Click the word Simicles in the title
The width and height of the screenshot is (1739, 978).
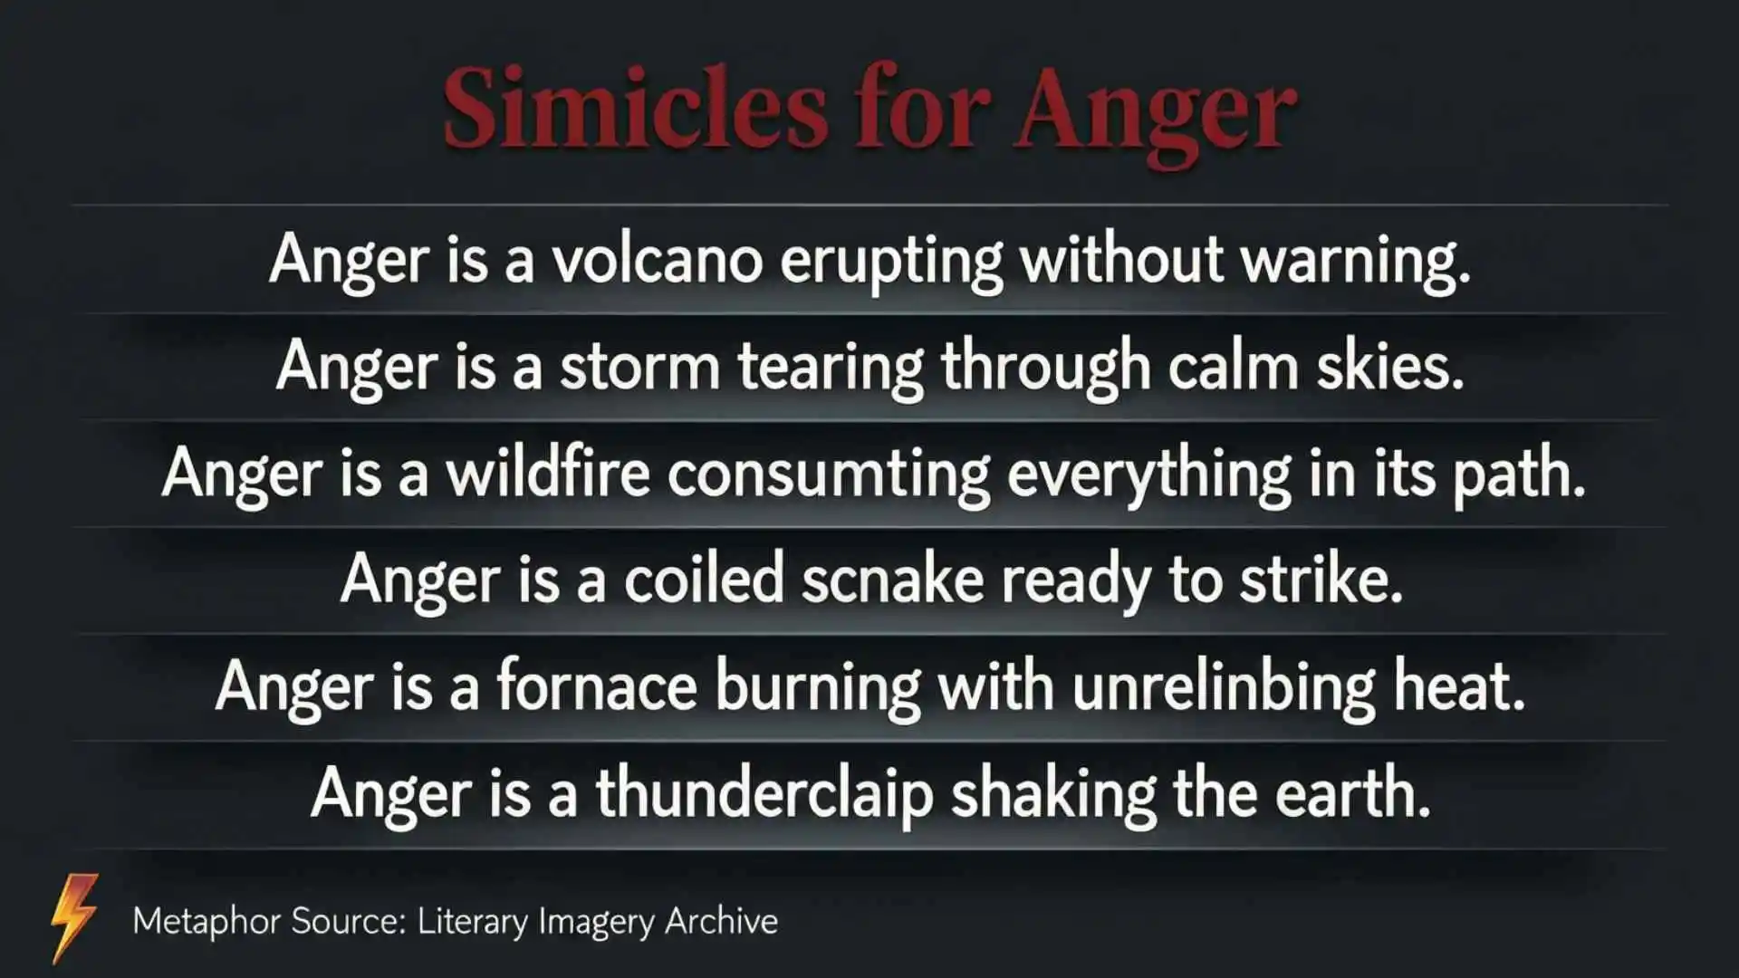click(634, 110)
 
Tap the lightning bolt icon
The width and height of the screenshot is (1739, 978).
click(74, 916)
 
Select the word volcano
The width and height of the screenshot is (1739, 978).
click(658, 260)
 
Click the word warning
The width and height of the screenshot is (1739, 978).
click(1355, 260)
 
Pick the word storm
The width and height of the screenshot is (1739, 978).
click(639, 368)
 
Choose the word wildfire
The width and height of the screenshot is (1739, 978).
click(548, 474)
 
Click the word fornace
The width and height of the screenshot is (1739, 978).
click(597, 686)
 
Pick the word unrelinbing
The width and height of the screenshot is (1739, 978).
click(1224, 686)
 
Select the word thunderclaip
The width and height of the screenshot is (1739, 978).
click(764, 794)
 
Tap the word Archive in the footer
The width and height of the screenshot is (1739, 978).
click(721, 921)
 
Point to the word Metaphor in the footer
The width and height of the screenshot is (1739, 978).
click(207, 921)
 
